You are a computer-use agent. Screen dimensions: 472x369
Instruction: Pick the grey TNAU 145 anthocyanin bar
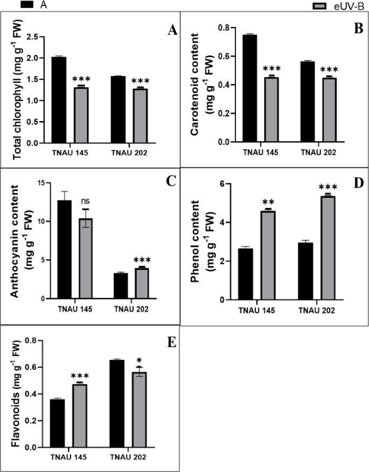85,259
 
